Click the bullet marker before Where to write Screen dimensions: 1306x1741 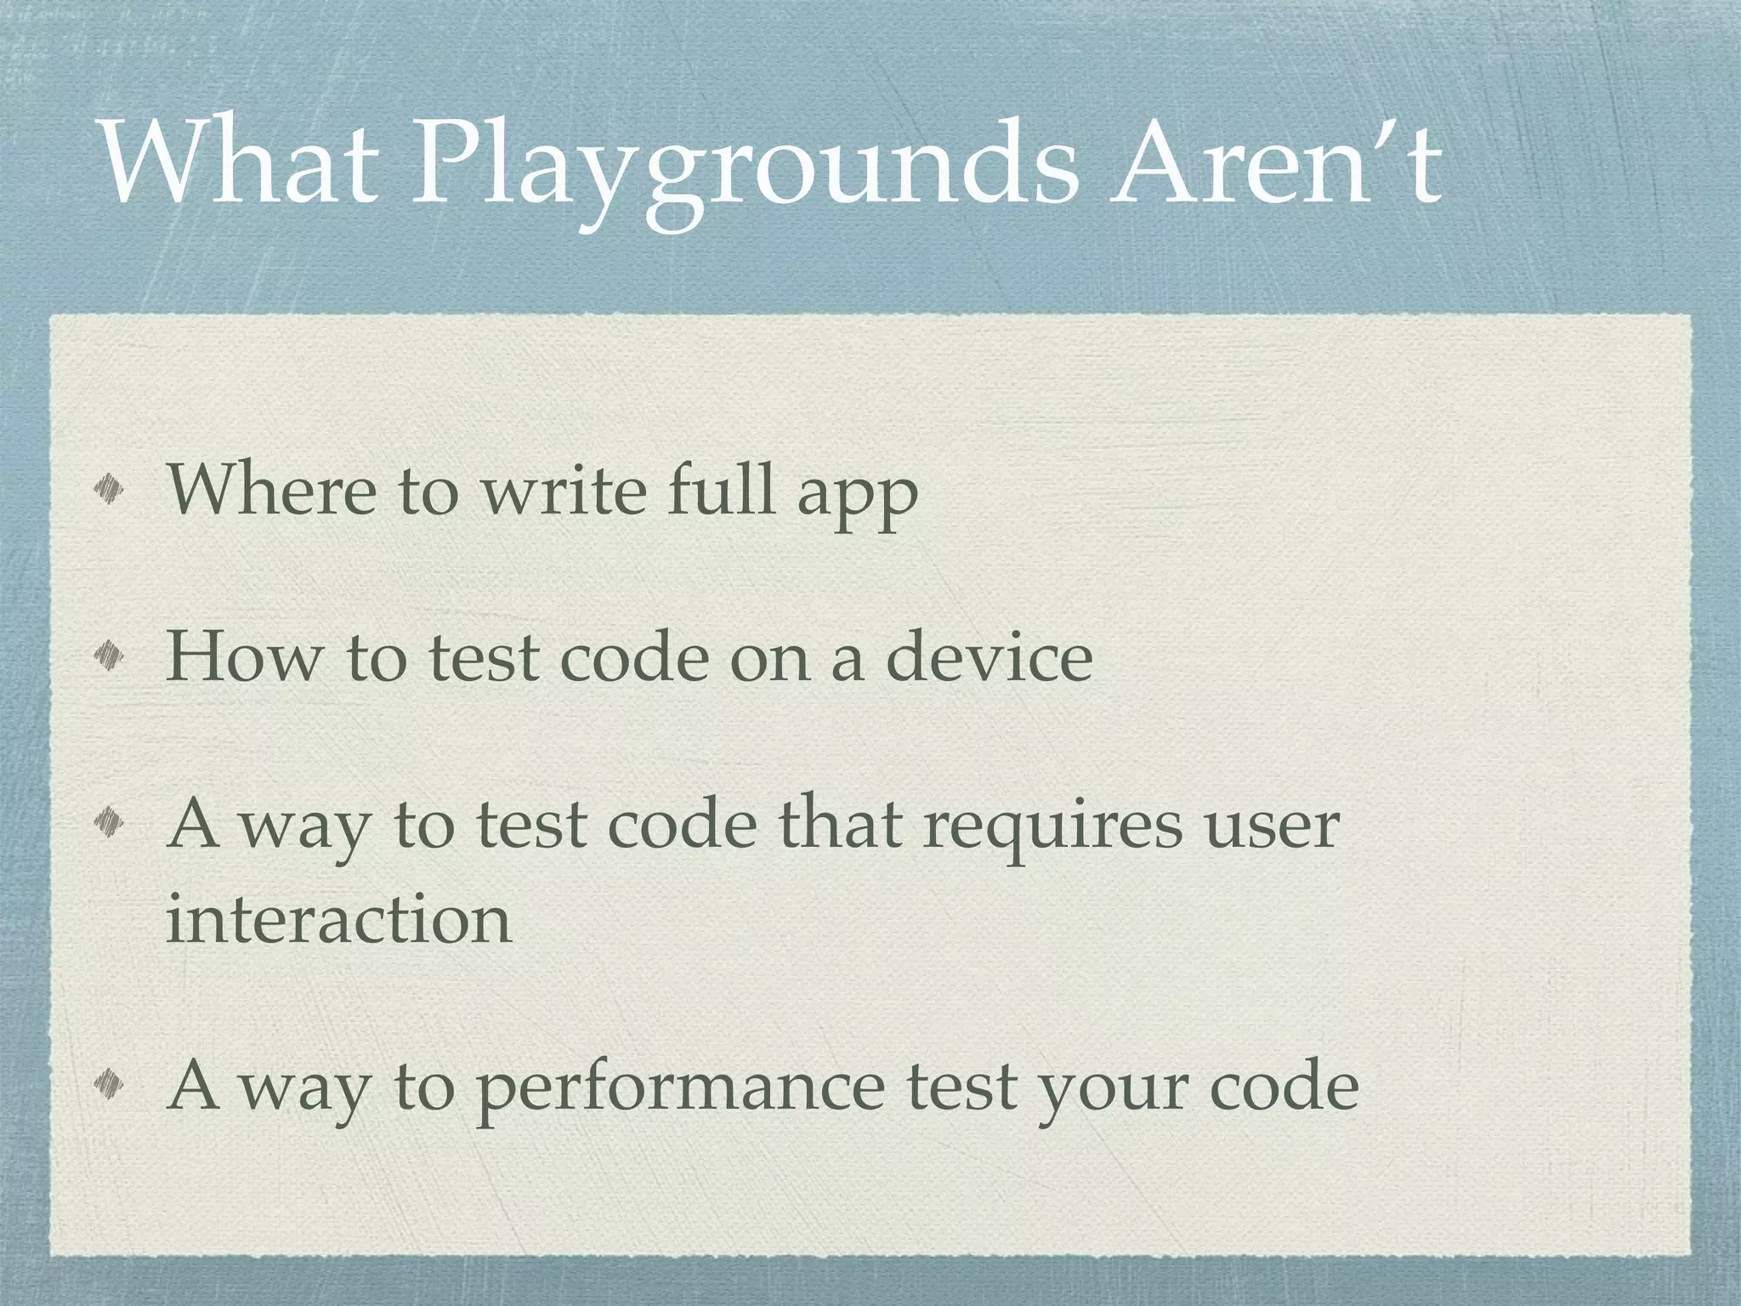pos(111,489)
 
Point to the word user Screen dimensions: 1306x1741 pos(1272,828)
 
